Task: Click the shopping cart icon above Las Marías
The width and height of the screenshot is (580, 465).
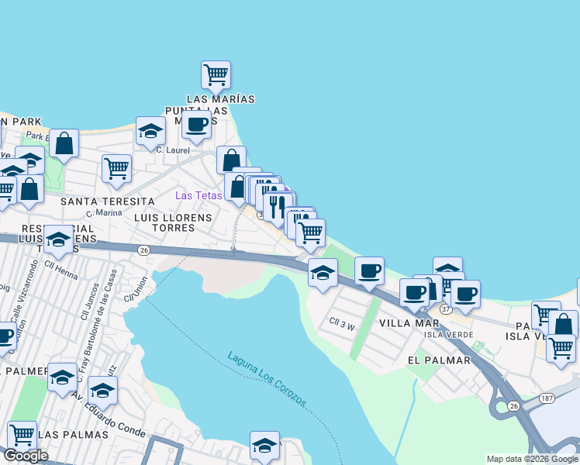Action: [x=216, y=75]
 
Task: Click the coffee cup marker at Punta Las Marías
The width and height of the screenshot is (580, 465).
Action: [x=196, y=124]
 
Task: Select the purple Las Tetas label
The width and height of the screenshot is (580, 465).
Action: [x=199, y=195]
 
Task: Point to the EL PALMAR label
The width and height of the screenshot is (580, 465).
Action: [x=438, y=360]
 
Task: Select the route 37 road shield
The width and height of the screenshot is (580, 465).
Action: [x=445, y=309]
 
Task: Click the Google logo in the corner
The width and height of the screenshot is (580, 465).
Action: [x=26, y=456]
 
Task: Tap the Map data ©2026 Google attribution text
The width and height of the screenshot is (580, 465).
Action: [x=531, y=459]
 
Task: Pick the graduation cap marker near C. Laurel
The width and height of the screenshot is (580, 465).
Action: [x=150, y=131]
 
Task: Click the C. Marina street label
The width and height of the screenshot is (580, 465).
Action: [x=104, y=212]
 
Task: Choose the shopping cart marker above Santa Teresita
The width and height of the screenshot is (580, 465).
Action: [x=116, y=168]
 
